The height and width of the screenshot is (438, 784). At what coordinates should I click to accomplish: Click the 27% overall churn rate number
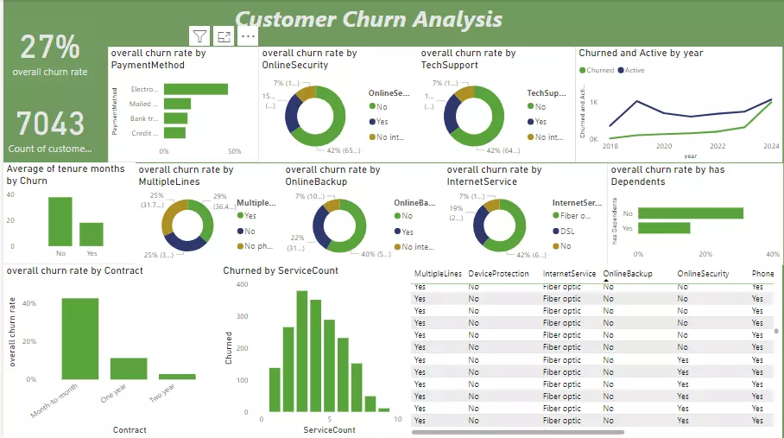pyautogui.click(x=50, y=47)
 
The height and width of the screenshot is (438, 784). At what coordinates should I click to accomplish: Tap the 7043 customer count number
pyautogui.click(x=50, y=124)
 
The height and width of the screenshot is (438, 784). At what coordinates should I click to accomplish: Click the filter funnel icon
pyautogui.click(x=199, y=36)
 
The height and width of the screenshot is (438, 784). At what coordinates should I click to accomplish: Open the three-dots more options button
pyautogui.click(x=249, y=36)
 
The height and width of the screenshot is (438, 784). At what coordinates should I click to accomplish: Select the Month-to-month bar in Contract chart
pyautogui.click(x=79, y=338)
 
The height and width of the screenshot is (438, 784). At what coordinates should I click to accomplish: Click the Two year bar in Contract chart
pyautogui.click(x=177, y=376)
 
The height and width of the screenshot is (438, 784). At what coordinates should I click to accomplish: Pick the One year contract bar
pyautogui.click(x=129, y=368)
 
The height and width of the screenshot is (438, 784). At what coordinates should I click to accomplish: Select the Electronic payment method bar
pyautogui.click(x=196, y=89)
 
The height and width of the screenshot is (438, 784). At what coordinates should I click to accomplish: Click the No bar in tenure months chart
pyautogui.click(x=60, y=222)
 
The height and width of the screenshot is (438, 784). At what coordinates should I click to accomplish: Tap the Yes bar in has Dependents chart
pyautogui.click(x=664, y=228)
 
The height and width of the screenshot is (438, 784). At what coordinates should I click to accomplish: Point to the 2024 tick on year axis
pyautogui.click(x=771, y=147)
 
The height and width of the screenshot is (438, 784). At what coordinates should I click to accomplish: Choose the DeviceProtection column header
pyautogui.click(x=497, y=274)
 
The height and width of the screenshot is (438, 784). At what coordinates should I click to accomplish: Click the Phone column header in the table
pyautogui.click(x=762, y=274)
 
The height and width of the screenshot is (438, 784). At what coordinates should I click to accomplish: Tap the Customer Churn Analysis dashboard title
pyautogui.click(x=368, y=18)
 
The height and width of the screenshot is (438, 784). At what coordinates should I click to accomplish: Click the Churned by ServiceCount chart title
pyautogui.click(x=281, y=270)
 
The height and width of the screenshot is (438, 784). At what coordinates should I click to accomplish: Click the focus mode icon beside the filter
pyautogui.click(x=224, y=36)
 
